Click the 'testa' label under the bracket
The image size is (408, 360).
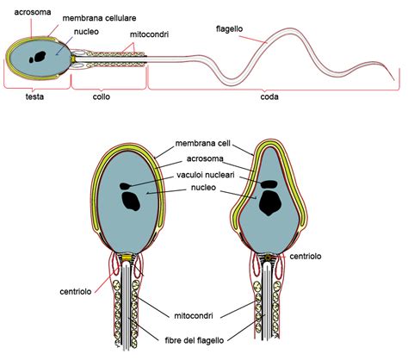coord(34,96)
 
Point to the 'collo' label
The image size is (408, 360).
coord(102,96)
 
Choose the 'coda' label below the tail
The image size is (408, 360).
coord(270,96)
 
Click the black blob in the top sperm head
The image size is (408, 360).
coord(38,58)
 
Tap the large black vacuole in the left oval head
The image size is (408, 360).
coord(131,201)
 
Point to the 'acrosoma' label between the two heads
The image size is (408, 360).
coord(207,158)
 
